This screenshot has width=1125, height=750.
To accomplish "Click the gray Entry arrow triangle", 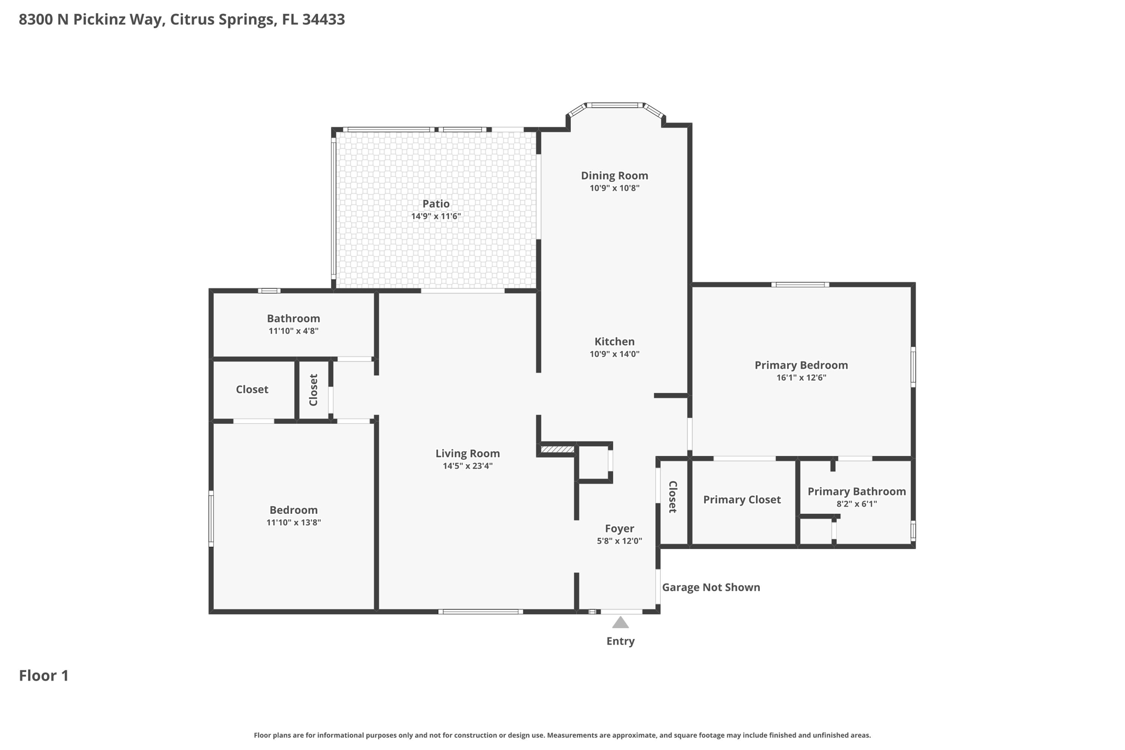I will (620, 623).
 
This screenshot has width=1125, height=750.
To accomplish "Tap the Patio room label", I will (436, 204).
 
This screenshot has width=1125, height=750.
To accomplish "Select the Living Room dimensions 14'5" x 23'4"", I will (467, 466).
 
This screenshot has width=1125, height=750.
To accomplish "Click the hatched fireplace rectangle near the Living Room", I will (557, 449).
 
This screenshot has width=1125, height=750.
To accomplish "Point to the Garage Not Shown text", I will (711, 587).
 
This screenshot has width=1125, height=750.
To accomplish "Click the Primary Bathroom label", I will (856, 492).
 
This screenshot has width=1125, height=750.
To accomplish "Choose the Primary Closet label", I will (742, 499).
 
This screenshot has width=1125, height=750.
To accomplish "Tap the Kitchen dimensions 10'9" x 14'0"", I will (614, 354).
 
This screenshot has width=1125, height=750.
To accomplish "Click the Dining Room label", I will (614, 176).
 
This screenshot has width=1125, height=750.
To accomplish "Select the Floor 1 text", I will (44, 676).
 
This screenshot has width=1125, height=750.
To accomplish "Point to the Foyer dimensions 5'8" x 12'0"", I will (619, 541).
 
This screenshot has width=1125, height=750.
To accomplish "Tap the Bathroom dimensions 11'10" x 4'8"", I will (293, 331).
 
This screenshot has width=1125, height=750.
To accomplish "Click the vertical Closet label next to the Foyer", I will (672, 497).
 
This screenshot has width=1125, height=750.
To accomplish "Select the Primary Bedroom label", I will (801, 365).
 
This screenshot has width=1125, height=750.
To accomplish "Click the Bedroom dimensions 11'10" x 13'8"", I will (293, 523).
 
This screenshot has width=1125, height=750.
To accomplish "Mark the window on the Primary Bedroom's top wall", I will (800, 285).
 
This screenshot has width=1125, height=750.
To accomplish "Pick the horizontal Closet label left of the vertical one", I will (252, 390).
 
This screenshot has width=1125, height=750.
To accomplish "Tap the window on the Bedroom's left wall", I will (211, 518).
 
